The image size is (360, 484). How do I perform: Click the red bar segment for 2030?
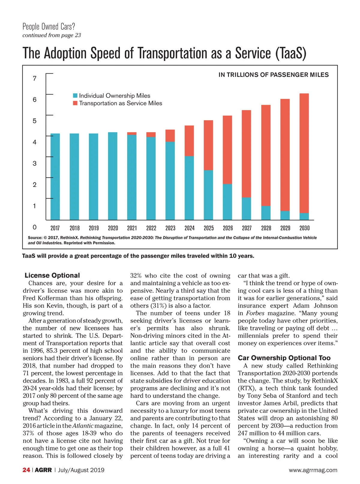pos(304,153)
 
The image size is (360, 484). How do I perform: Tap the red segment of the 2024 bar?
pos(189,141)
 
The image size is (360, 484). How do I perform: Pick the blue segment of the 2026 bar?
pos(227,202)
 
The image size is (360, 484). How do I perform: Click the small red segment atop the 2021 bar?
pos(132,134)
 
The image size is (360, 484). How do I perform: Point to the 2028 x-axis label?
pos(266,228)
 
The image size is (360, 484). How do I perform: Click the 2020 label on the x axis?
pos(113,228)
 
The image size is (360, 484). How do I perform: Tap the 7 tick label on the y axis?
pos(35,79)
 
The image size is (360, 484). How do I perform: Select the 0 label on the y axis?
pos(35,227)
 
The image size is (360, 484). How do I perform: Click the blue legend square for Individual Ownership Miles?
pos(75,96)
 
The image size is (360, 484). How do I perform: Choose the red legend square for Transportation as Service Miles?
pos(75,103)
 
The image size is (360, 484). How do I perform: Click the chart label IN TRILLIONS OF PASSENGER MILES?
pos(274,75)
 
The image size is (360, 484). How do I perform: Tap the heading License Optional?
pos(52,275)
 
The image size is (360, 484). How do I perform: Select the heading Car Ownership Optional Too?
pos(284,358)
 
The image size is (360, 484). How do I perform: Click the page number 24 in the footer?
pos(26,470)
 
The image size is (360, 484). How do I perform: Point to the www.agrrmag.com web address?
pos(313,470)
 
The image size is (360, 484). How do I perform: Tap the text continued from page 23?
pos(52,35)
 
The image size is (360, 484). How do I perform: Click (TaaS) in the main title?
pos(290,53)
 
